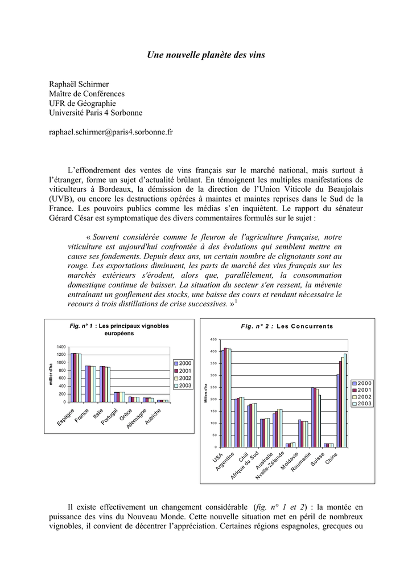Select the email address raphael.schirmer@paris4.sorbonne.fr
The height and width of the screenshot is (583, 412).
click(x=111, y=132)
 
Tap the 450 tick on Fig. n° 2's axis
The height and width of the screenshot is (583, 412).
click(x=213, y=339)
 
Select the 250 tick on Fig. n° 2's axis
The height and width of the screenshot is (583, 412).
click(x=213, y=387)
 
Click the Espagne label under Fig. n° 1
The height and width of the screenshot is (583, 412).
click(x=65, y=417)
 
